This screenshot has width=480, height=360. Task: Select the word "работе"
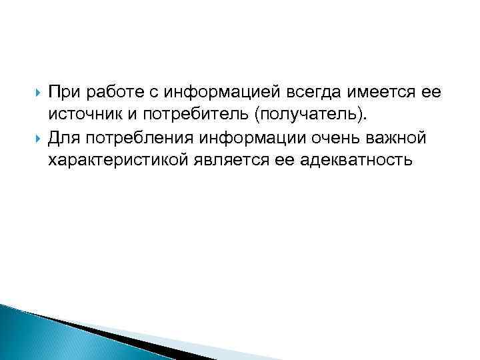pos(114,91)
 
